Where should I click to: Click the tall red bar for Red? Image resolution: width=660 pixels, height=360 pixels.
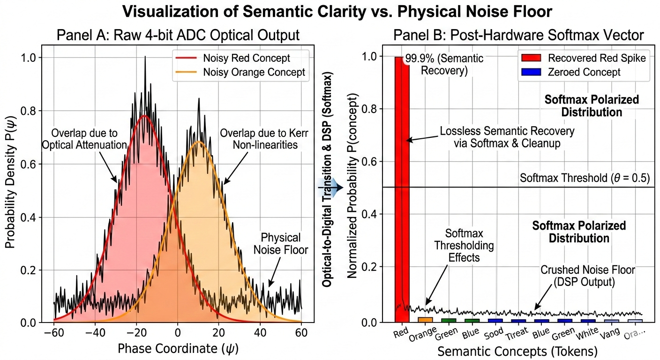click(x=402, y=187)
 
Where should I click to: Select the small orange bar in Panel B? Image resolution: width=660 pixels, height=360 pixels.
click(x=425, y=319)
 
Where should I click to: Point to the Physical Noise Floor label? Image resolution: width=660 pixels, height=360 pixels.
click(x=280, y=243)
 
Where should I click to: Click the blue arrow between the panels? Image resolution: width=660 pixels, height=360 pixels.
click(x=331, y=187)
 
